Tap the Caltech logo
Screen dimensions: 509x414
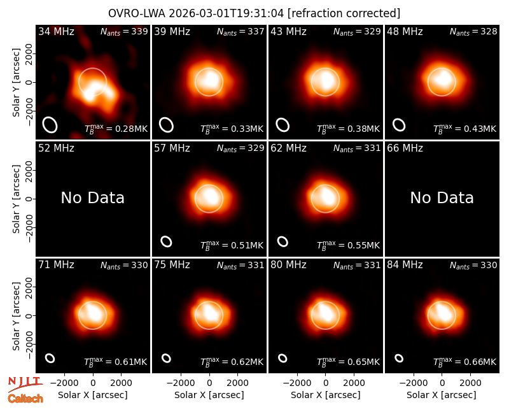25,399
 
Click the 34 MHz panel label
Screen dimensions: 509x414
56,31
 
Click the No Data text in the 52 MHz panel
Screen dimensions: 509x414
92,197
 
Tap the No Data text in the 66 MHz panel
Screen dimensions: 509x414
442,197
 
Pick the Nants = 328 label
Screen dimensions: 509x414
473,31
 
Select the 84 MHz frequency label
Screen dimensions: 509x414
405,265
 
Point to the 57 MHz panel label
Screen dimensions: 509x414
172,148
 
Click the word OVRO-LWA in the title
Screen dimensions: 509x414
137,13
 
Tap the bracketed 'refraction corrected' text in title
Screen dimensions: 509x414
344,13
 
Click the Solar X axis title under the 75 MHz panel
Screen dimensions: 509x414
209,395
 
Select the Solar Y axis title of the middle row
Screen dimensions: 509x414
17,199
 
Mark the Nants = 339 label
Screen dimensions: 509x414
124,31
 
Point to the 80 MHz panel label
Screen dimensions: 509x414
289,265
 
